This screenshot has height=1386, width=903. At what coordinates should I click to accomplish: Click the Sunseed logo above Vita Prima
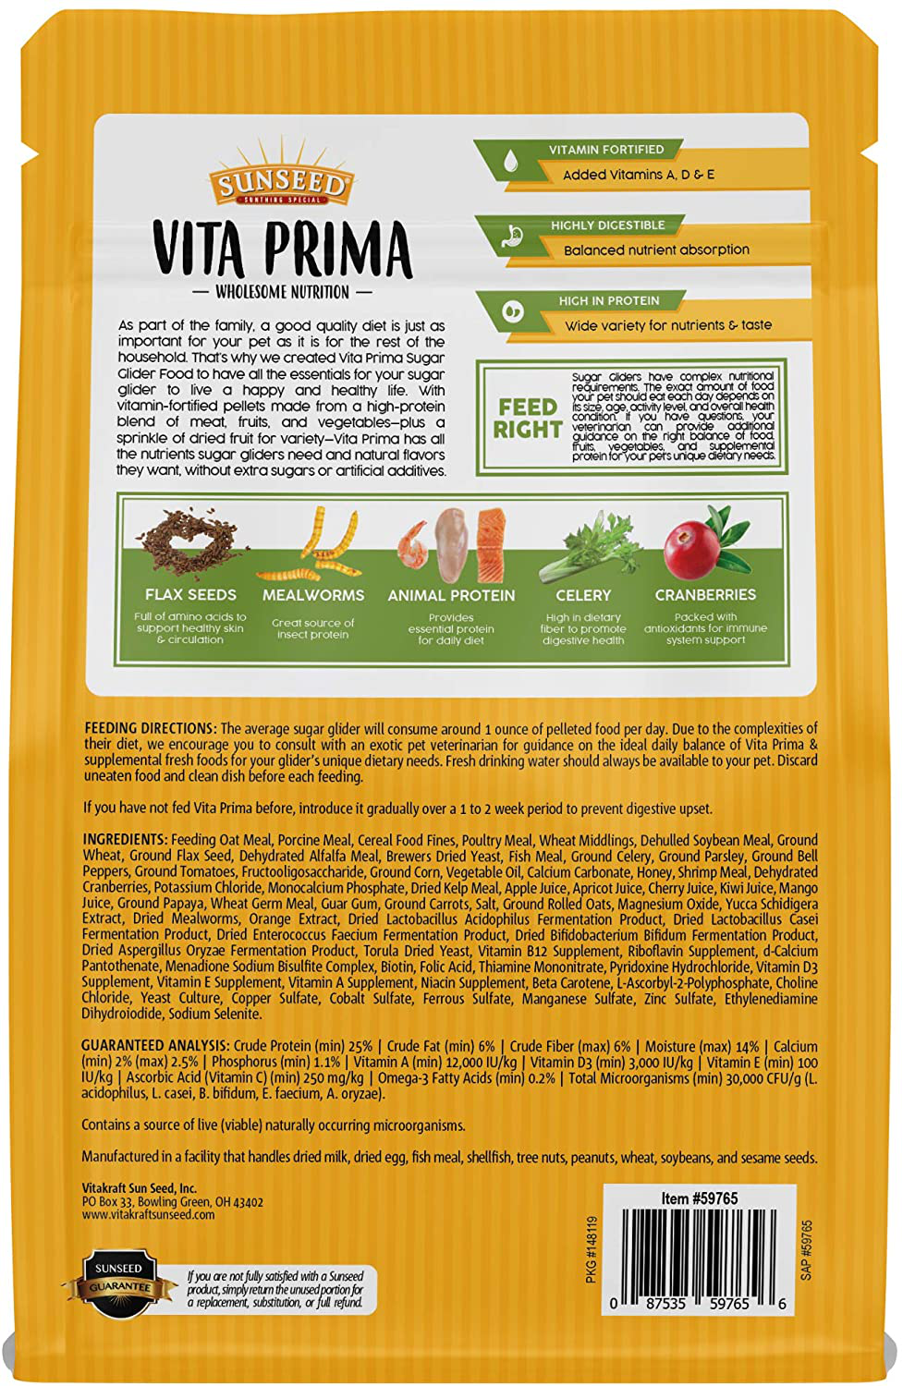click(x=280, y=181)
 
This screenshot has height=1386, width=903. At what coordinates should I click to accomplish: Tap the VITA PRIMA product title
click(x=282, y=249)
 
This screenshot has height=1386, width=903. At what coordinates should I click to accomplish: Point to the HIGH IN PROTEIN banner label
click(x=608, y=300)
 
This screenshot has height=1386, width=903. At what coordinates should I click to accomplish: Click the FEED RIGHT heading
click(x=527, y=419)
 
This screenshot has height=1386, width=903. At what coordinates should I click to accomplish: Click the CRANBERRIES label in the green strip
click(x=705, y=594)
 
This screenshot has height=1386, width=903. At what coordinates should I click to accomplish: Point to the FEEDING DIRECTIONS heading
click(x=151, y=728)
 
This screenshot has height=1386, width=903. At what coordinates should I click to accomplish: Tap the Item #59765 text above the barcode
click(x=700, y=1198)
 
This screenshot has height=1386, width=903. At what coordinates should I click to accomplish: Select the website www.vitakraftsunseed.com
click(x=148, y=1215)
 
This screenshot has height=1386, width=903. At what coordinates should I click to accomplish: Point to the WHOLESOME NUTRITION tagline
click(x=282, y=292)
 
